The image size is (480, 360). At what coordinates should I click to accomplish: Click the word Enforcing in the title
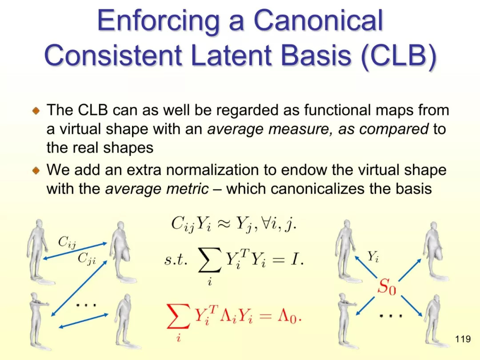(159, 21)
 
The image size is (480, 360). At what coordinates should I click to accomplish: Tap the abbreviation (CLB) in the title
(399, 56)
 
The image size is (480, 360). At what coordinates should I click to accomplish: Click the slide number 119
(463, 339)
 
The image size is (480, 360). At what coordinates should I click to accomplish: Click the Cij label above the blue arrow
(67, 243)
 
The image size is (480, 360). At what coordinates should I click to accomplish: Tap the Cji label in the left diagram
(87, 259)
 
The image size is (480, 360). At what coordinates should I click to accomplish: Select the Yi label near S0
(373, 256)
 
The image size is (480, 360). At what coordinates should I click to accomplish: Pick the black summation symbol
(210, 260)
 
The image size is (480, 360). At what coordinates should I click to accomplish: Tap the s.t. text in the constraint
(176, 260)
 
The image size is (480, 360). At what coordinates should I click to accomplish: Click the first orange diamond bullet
(36, 111)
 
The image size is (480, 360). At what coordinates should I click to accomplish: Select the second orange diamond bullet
(36, 170)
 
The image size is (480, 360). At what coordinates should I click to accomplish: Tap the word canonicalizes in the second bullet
(317, 188)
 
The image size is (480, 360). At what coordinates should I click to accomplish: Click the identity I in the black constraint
(294, 260)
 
